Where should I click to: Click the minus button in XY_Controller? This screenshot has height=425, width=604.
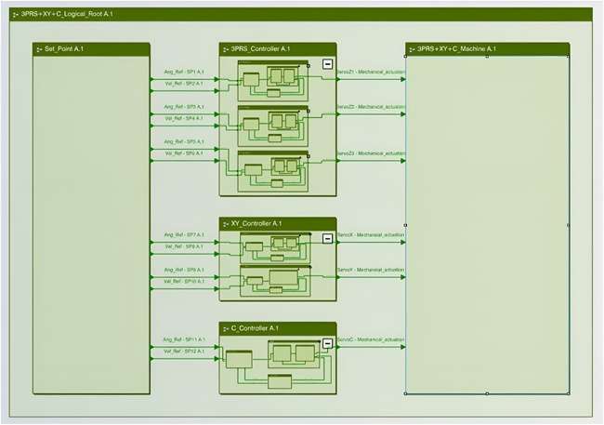327,238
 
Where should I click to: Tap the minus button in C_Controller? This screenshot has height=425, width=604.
327,343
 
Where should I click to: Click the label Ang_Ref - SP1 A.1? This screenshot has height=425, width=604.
183,72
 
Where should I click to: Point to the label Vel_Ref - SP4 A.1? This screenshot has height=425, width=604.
183,118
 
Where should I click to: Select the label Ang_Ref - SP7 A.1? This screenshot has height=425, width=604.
183,234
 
